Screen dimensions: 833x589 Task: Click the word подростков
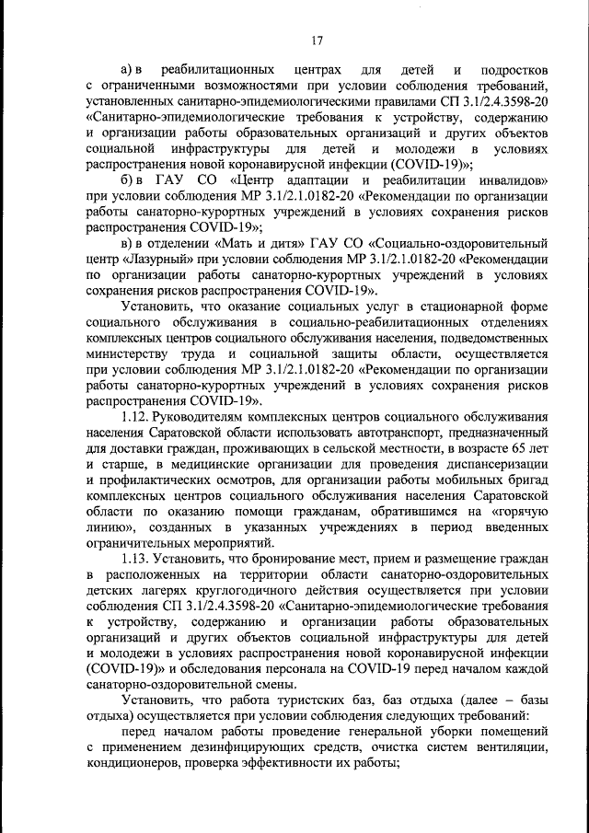[x=512, y=70]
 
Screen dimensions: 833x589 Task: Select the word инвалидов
[x=513, y=179]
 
